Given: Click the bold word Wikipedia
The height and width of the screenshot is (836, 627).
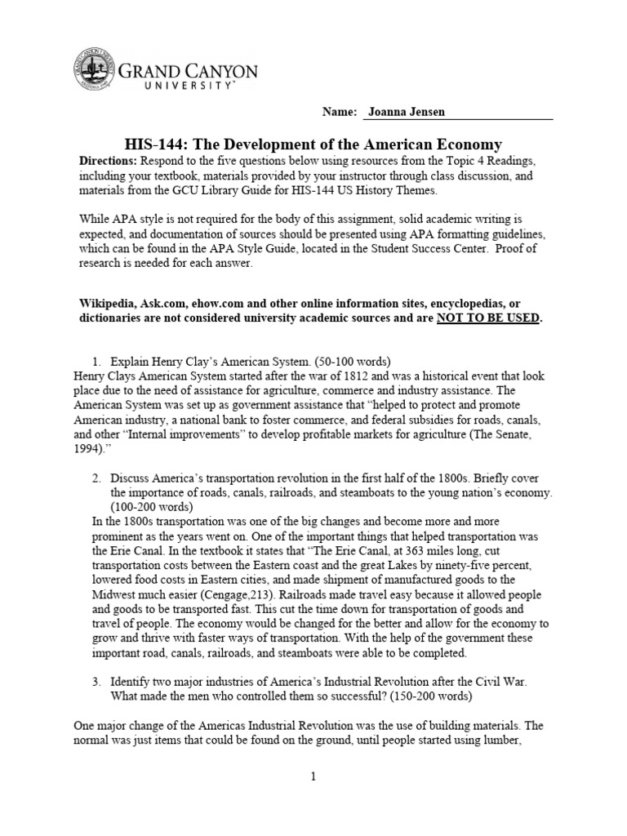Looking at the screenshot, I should point(107,302).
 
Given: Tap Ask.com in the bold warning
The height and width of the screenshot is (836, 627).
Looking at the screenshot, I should point(168,302).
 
